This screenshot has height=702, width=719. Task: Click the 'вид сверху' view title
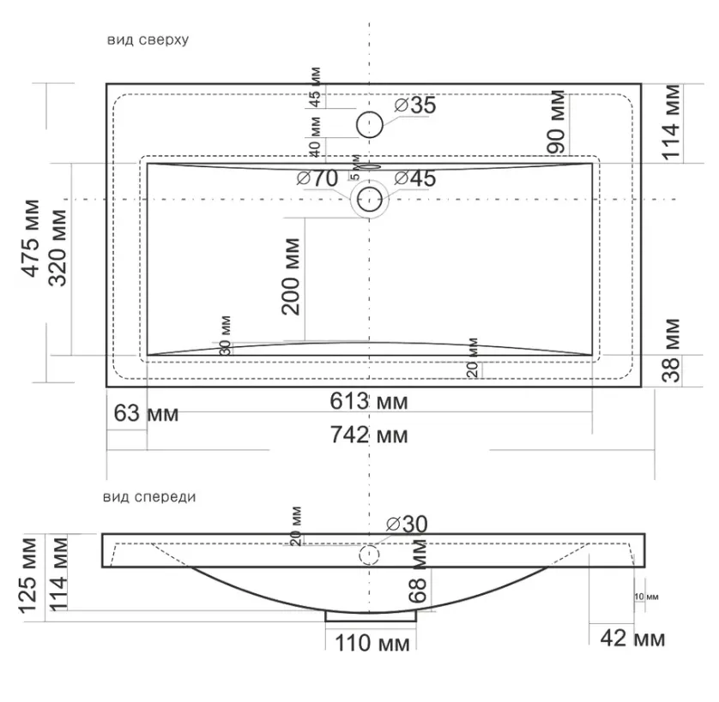148,40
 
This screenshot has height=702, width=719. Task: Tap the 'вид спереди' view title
149,497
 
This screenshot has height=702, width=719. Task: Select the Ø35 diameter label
415,105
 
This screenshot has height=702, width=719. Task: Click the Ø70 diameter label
317,178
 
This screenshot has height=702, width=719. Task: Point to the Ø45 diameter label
415,178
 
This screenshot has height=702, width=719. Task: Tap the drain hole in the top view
370,200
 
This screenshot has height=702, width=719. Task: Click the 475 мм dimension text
31,237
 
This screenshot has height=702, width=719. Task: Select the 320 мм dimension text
57,248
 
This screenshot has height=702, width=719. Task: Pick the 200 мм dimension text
291,277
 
